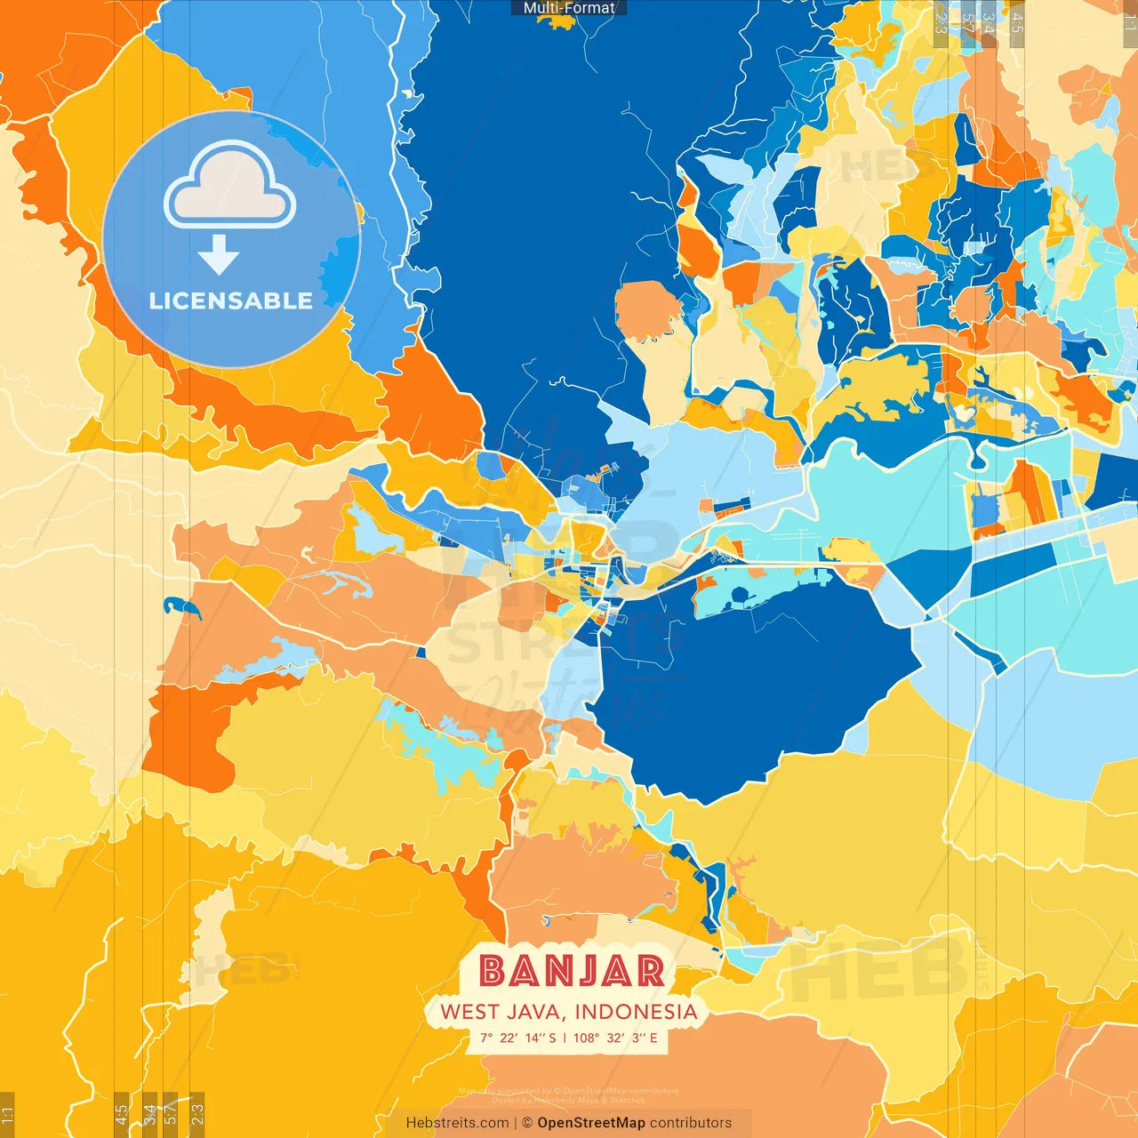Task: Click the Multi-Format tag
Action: [569, 8]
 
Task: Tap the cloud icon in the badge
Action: [230, 188]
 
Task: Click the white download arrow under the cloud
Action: [219, 255]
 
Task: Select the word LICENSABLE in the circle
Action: [231, 301]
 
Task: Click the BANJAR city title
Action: [572, 971]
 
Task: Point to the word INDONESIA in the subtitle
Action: [636, 1012]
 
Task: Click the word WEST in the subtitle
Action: [469, 1012]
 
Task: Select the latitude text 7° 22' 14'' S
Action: [517, 1038]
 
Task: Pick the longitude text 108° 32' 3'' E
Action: [615, 1038]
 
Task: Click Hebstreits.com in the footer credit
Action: [457, 1123]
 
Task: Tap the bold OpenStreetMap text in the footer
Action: [591, 1123]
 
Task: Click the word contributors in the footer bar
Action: [691, 1123]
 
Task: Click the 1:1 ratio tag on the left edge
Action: [7, 1114]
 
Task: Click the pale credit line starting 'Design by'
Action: [569, 1100]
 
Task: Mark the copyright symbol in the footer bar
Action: [526, 1123]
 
